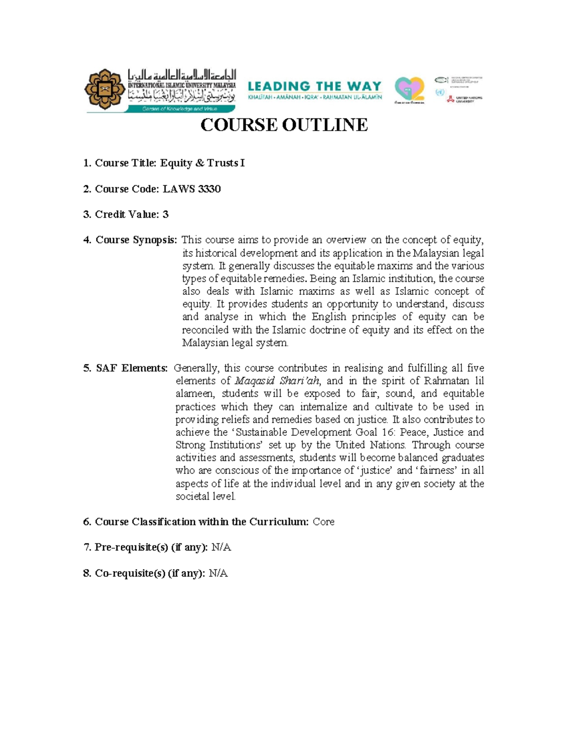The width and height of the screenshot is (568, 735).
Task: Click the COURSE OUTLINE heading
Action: [284, 125]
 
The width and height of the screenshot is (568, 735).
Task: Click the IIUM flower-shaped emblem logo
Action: [105, 89]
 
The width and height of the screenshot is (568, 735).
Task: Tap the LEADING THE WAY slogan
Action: [315, 86]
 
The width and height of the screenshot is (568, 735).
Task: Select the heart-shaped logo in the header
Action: [409, 89]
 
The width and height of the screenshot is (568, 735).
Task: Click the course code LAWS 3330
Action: [192, 189]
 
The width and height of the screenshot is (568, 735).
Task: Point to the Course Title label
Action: [125, 163]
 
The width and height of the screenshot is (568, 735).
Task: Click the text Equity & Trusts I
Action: [202, 163]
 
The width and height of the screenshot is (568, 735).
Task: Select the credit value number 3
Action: [165, 214]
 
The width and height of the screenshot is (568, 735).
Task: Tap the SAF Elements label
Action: [132, 368]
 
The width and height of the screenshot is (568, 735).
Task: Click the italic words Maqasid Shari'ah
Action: [277, 381]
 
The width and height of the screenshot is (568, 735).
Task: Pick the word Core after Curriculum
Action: [324, 522]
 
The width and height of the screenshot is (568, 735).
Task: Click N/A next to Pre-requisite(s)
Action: [221, 548]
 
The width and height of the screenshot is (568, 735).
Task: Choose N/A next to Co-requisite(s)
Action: [218, 574]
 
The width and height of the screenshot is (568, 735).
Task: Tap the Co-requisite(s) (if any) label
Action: [150, 574]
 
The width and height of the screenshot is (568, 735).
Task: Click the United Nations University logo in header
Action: [465, 98]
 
